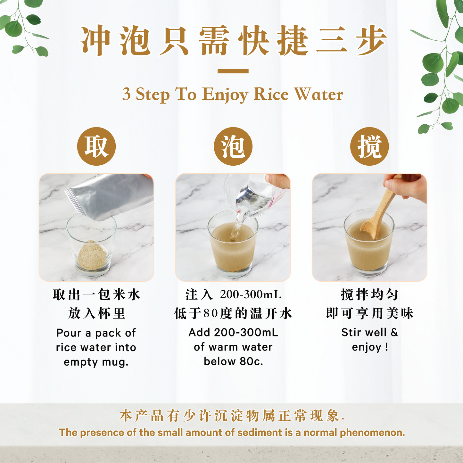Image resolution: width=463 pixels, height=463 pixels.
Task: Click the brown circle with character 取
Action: pyautogui.click(x=96, y=146)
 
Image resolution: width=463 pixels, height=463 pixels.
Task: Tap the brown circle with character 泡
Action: pyautogui.click(x=233, y=146)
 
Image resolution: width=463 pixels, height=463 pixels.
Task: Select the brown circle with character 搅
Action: pyautogui.click(x=369, y=146)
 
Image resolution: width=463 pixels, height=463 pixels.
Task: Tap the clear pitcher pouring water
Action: pyautogui.click(x=253, y=192)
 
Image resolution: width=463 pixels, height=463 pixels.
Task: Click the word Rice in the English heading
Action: pyautogui.click(x=271, y=94)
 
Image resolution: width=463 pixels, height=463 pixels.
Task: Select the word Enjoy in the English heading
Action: pyautogui.click(x=225, y=95)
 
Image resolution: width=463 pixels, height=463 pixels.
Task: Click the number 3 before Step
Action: pyautogui.click(x=127, y=94)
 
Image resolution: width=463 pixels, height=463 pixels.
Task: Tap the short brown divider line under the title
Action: pyautogui.click(x=233, y=71)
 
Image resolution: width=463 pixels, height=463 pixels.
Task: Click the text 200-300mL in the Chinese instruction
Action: pyautogui.click(x=251, y=294)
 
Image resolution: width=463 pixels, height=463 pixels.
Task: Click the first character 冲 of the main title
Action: pyautogui.click(x=95, y=41)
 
